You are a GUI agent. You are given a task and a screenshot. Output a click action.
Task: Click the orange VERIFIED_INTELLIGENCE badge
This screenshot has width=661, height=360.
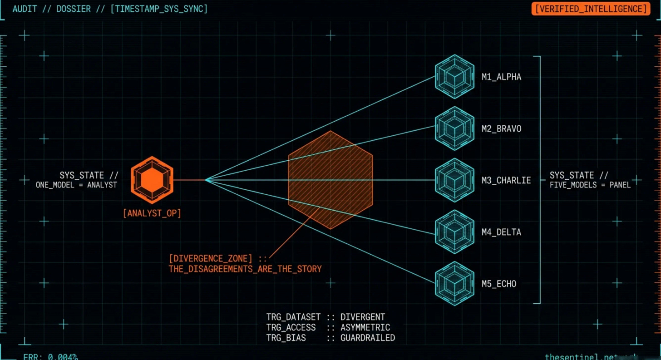[x=591, y=9]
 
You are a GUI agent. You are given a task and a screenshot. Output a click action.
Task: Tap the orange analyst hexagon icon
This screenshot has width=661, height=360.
[x=152, y=180]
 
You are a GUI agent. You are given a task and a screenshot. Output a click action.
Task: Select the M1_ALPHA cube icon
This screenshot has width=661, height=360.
[x=454, y=77]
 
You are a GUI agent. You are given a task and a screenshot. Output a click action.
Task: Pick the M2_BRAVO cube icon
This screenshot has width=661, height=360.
[x=454, y=128]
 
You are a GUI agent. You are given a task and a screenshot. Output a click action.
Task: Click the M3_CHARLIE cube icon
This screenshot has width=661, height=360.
[x=454, y=180]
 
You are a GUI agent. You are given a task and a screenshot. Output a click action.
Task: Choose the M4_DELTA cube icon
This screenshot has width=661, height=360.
[x=454, y=232]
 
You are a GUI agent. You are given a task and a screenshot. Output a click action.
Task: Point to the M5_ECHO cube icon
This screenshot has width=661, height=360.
[x=454, y=284]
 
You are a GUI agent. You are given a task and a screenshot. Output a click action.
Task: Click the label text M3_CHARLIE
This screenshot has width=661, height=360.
[x=506, y=181]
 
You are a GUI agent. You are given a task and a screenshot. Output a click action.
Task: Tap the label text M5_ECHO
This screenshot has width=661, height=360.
[x=499, y=284]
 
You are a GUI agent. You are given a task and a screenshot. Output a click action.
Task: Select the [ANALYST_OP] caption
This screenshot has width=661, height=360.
[x=152, y=213]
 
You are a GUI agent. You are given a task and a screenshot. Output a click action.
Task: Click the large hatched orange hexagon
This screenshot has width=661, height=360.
[x=330, y=180]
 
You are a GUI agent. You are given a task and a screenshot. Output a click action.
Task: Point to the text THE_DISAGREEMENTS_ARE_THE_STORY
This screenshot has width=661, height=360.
[x=245, y=269]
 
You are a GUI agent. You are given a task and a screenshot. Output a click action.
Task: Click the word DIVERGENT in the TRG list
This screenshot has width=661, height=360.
[x=363, y=317]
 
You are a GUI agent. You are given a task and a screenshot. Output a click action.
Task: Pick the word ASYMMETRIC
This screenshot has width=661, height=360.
[x=365, y=327]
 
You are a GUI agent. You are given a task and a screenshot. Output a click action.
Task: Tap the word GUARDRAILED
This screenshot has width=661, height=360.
[x=368, y=338]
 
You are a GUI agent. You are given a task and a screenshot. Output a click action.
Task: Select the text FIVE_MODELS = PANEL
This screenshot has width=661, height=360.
[x=590, y=185]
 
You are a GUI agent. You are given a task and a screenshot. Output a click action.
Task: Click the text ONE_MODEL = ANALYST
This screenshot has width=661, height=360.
[x=76, y=185]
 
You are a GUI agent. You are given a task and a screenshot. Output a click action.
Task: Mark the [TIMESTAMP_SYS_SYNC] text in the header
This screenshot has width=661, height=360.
[x=159, y=9]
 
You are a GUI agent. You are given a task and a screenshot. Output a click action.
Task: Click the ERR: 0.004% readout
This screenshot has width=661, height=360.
[x=50, y=357]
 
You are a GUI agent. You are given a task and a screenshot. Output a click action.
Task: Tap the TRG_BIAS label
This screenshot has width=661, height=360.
[x=286, y=338]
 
